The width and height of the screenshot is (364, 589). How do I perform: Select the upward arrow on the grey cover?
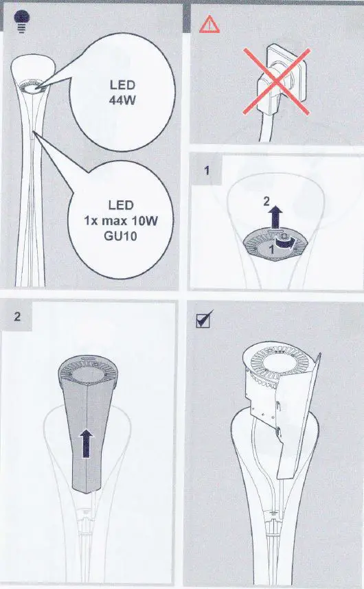point(87,439)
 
